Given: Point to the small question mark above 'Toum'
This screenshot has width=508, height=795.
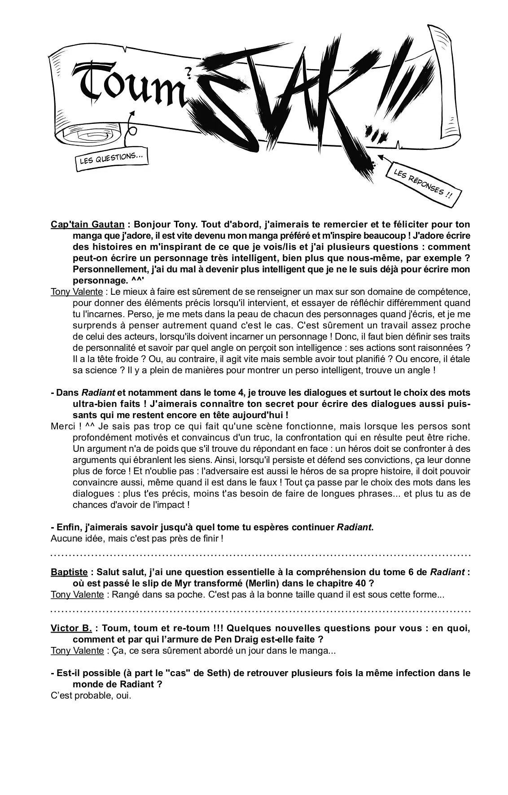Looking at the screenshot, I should tap(188, 70).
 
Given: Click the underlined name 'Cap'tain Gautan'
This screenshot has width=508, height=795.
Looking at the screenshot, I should tap(88, 224).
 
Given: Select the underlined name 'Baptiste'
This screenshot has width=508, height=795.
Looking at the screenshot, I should tap(69, 572).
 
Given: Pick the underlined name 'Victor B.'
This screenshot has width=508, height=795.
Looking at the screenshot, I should tap(71, 628).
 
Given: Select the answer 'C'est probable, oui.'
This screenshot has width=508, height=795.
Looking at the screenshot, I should tap(91, 695).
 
